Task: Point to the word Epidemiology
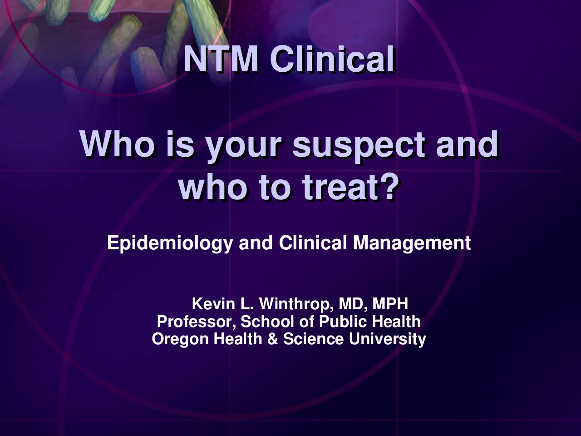[x=170, y=243]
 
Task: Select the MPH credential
[x=390, y=304]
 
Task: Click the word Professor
[x=197, y=322]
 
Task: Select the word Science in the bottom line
[x=313, y=339]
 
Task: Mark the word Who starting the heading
[x=118, y=144]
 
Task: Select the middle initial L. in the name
[x=247, y=304]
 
